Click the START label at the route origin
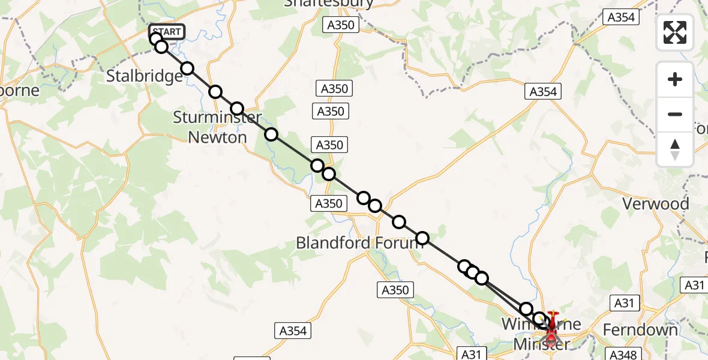click(x=166, y=32)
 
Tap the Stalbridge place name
click(x=145, y=76)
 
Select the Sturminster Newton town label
click(x=217, y=127)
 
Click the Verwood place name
click(x=655, y=204)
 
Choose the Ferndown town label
click(x=640, y=330)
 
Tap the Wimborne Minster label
click(x=541, y=334)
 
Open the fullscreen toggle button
click(x=675, y=32)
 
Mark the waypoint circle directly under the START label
click(x=156, y=40)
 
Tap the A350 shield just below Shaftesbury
click(x=341, y=25)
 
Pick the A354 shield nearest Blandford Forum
click(x=293, y=331)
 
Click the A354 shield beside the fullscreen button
click(x=621, y=17)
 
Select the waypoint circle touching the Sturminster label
click(x=237, y=109)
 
